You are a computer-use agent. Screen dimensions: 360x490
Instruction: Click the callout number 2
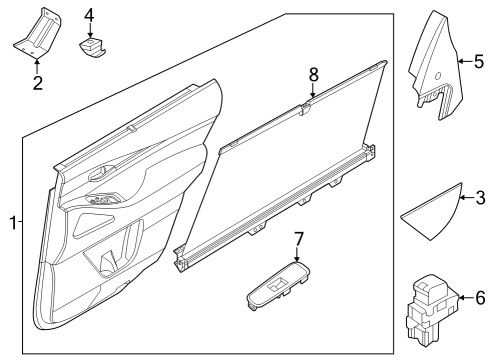[x=37, y=82]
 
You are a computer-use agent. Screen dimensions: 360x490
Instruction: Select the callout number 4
[x=89, y=15]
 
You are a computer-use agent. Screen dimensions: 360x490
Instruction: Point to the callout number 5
[x=478, y=62]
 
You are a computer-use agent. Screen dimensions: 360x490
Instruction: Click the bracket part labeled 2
[x=37, y=35]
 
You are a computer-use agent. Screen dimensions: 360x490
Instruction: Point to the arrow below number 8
[x=312, y=94]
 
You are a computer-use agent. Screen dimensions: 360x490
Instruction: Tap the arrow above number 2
[x=37, y=64]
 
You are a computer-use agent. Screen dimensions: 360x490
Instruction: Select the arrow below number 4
[x=89, y=33]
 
